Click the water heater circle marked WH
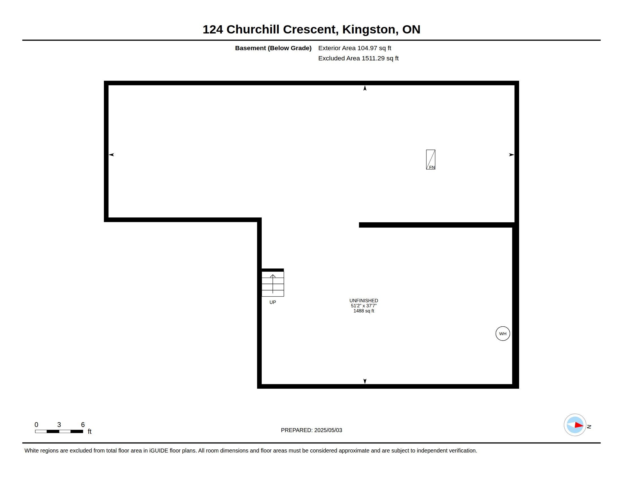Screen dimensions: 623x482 click(x=503, y=333)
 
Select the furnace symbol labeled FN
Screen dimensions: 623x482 click(x=430, y=160)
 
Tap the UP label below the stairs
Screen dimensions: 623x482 click(x=273, y=303)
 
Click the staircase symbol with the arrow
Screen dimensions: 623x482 click(x=273, y=284)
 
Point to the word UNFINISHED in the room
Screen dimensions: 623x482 click(x=364, y=301)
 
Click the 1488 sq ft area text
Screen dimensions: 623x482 click(x=364, y=311)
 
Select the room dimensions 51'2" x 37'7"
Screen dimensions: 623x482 click(x=364, y=306)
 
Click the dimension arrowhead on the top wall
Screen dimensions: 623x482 click(x=365, y=88)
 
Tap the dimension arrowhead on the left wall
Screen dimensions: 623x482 click(x=112, y=155)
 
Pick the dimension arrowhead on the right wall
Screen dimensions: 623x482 click(x=512, y=155)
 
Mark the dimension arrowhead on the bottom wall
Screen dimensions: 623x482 click(x=365, y=381)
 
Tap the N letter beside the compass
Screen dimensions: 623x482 click(x=589, y=427)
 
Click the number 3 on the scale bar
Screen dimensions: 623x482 click(x=59, y=425)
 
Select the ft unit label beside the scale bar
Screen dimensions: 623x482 click(x=89, y=432)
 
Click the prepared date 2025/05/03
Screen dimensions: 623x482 click(x=328, y=430)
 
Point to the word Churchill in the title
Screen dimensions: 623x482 click(x=253, y=29)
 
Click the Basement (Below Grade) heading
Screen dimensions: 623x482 click(x=273, y=48)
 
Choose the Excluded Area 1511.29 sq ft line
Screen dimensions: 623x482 click(x=358, y=58)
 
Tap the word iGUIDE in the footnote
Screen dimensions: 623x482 click(x=159, y=451)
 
